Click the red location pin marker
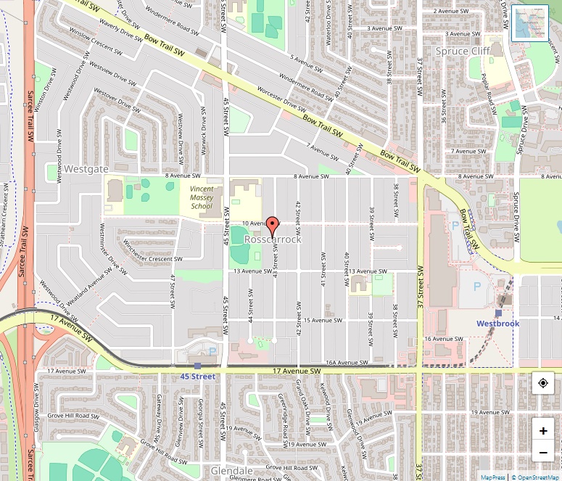point(273,226)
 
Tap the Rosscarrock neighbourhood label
point(273,239)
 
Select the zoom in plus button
point(543,430)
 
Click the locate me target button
point(543,383)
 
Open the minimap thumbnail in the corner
point(530,23)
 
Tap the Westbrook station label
point(497,323)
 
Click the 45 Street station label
point(198,377)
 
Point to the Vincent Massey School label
point(202,197)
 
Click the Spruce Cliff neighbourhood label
point(462,52)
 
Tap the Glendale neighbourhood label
point(232,471)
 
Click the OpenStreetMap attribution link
point(537,477)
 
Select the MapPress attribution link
point(493,477)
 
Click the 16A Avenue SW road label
point(344,362)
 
